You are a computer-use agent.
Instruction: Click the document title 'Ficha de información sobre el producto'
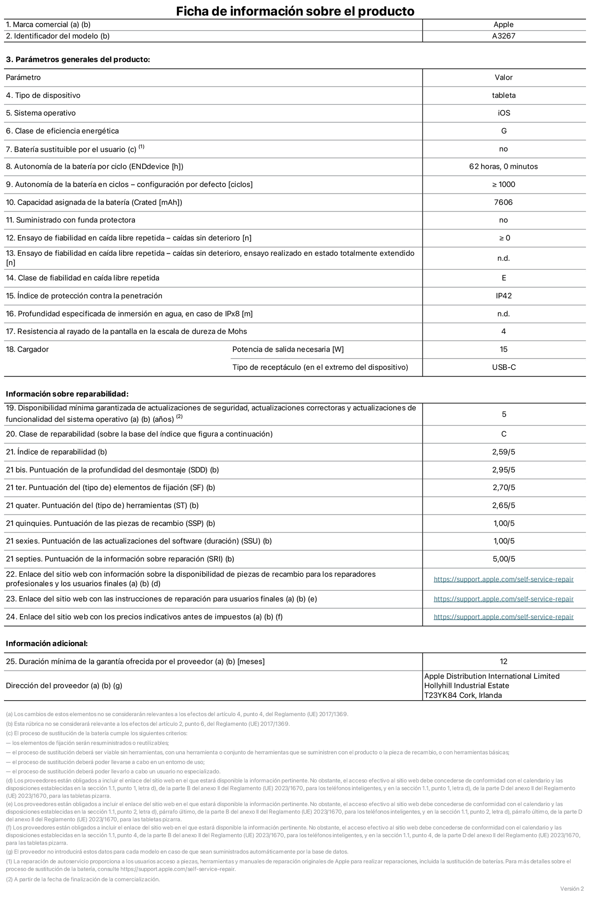click(x=295, y=11)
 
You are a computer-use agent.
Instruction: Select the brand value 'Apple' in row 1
click(x=503, y=25)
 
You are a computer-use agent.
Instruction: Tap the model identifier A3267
click(x=503, y=36)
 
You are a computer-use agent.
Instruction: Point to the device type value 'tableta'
click(x=503, y=96)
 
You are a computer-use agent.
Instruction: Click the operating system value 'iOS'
click(x=503, y=113)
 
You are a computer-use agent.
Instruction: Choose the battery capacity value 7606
click(x=503, y=203)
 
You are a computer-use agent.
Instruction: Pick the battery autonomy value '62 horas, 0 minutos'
click(x=503, y=167)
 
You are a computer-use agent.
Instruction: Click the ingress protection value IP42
click(x=503, y=296)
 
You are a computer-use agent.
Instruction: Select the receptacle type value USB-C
click(x=503, y=368)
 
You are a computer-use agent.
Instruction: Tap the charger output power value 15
click(x=503, y=349)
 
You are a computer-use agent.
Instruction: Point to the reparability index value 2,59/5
click(x=503, y=452)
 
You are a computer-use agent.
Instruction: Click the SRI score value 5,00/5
click(x=503, y=559)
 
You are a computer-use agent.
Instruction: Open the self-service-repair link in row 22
click(x=503, y=579)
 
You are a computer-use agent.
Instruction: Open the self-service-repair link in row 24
click(x=503, y=617)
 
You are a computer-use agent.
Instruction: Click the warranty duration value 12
click(x=503, y=661)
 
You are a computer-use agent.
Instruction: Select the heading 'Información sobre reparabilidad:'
click(x=67, y=394)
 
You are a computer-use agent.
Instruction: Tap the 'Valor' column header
click(x=503, y=78)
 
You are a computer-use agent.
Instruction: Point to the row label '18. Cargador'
click(x=27, y=349)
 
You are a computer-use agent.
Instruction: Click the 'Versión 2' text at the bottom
click(x=572, y=889)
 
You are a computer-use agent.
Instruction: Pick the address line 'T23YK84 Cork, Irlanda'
click(x=463, y=695)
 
